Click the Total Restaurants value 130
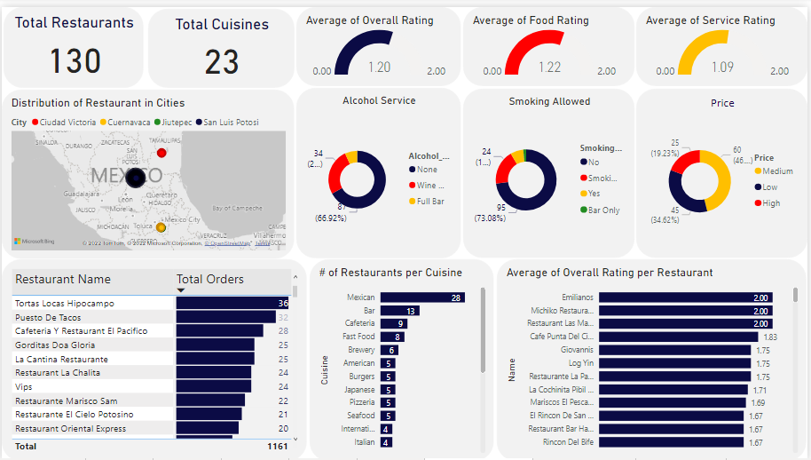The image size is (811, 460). pyautogui.click(x=75, y=61)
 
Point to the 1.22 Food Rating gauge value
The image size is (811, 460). pyautogui.click(x=549, y=67)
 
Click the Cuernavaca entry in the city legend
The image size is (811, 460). pyautogui.click(x=128, y=123)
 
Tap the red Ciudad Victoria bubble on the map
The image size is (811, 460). pyautogui.click(x=161, y=153)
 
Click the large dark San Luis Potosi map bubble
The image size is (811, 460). pyautogui.click(x=135, y=178)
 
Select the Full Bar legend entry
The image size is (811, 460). pyautogui.click(x=430, y=202)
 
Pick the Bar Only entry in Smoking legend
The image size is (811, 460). pyautogui.click(x=603, y=210)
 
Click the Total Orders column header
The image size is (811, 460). pyautogui.click(x=210, y=279)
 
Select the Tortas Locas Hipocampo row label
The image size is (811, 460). pyautogui.click(x=65, y=304)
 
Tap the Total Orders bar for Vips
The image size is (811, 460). pyautogui.click(x=213, y=387)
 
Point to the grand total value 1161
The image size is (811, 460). pyautogui.click(x=277, y=446)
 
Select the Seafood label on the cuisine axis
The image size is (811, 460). pyautogui.click(x=360, y=416)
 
